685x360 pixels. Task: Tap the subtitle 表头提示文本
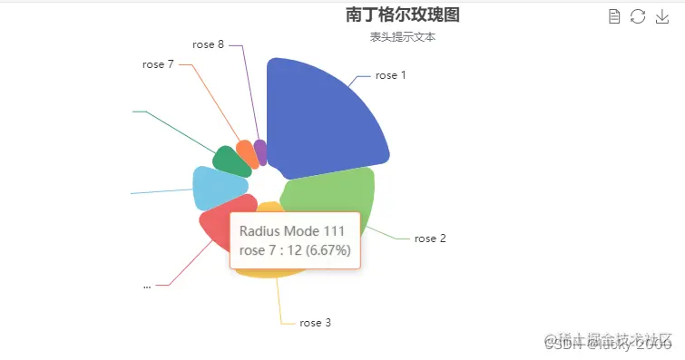[402, 37]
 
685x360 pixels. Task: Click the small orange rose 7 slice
[245, 151]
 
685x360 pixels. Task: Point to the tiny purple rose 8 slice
[261, 151]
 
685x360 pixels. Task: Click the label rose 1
[390, 75]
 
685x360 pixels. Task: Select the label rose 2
[430, 238]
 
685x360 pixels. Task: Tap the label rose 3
[315, 322]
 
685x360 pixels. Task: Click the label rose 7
[158, 64]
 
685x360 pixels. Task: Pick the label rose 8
[208, 44]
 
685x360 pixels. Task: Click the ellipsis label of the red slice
[147, 285]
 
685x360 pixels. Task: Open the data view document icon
[614, 15]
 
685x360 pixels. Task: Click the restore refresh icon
[638, 15]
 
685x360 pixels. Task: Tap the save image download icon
[661, 15]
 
